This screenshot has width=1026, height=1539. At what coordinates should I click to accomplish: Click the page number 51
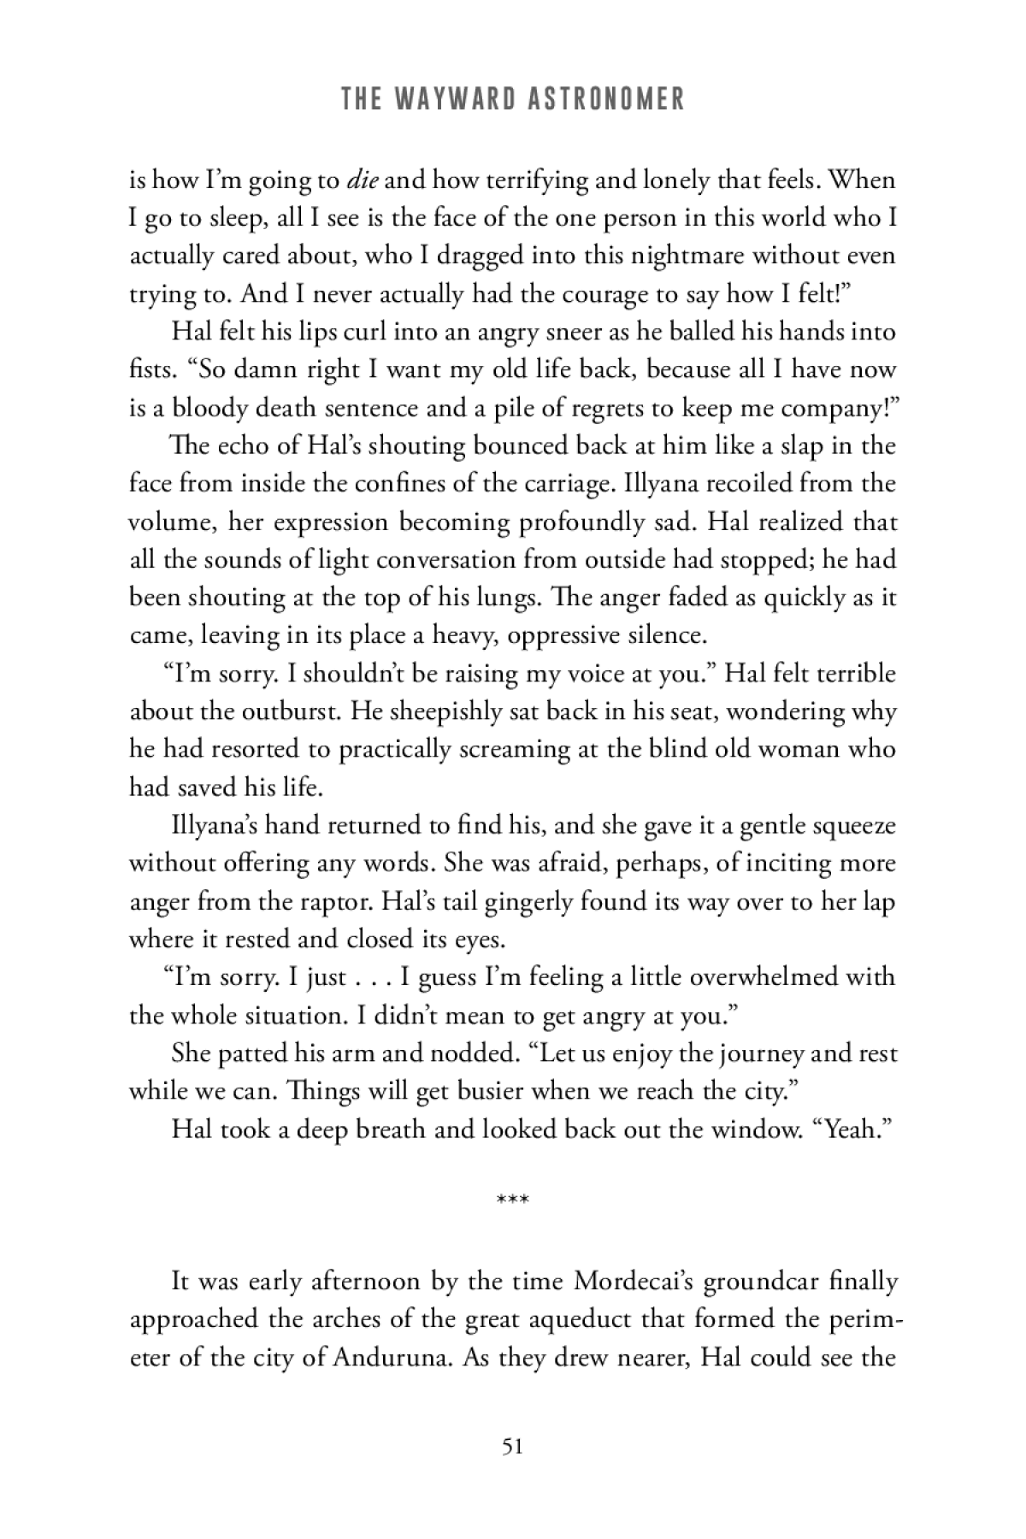click(513, 1447)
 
